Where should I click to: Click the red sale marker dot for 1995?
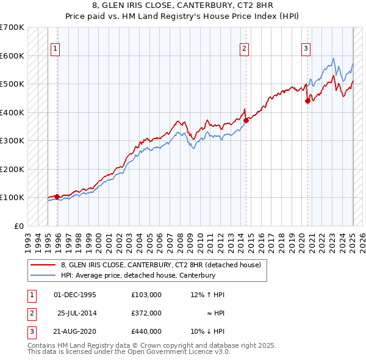click(57, 196)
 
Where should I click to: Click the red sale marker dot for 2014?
click(246, 121)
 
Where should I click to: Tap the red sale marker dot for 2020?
click(307, 101)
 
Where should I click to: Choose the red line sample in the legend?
click(43, 265)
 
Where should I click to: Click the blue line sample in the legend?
click(43, 275)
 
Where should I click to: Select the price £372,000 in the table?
click(146, 313)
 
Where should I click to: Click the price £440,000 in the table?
click(146, 331)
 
